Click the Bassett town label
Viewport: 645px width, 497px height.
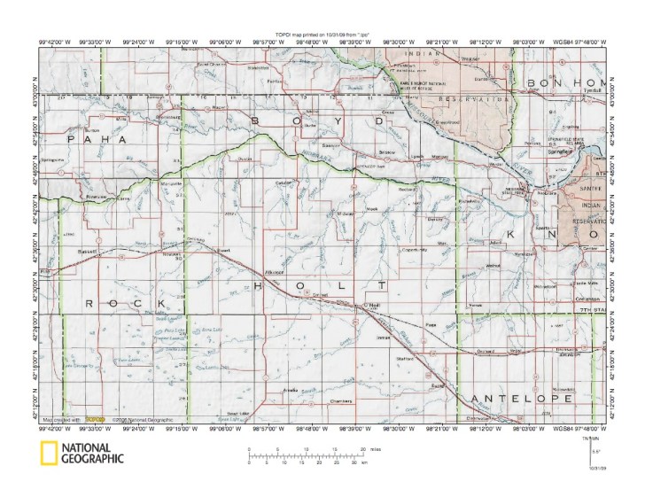[x=87, y=252]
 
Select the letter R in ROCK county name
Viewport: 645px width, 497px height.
[x=91, y=304]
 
